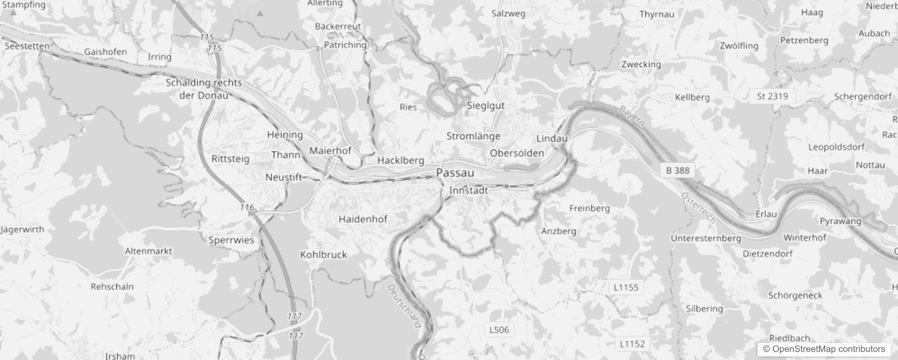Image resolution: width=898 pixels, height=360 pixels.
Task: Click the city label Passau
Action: [455, 173]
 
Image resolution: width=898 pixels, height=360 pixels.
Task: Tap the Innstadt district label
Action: [468, 190]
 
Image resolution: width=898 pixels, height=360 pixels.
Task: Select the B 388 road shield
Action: [678, 171]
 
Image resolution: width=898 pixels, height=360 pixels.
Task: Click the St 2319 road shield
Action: [772, 96]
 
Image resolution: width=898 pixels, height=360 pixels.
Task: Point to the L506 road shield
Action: [499, 330]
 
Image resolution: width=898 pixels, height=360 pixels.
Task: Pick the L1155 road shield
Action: [626, 287]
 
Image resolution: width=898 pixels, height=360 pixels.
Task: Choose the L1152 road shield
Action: [632, 344]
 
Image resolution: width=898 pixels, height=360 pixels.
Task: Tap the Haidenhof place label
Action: [363, 219]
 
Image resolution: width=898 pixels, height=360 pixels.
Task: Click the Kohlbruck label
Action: [323, 255]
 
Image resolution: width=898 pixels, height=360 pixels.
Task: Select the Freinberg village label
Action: [589, 208]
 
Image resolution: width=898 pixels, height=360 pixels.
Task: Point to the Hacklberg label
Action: [400, 160]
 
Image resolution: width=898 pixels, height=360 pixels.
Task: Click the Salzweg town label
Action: [508, 13]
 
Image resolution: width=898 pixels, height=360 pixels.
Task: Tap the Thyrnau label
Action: [656, 14]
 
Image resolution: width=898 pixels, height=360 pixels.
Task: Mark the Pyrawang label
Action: [840, 221]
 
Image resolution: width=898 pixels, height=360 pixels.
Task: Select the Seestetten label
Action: [27, 46]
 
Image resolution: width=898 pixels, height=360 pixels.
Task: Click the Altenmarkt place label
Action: [148, 251]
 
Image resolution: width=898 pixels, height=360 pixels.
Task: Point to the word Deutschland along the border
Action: [404, 305]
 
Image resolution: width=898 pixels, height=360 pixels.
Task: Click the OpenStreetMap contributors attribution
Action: [824, 349]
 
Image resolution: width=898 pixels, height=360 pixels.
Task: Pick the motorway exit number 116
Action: [247, 207]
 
